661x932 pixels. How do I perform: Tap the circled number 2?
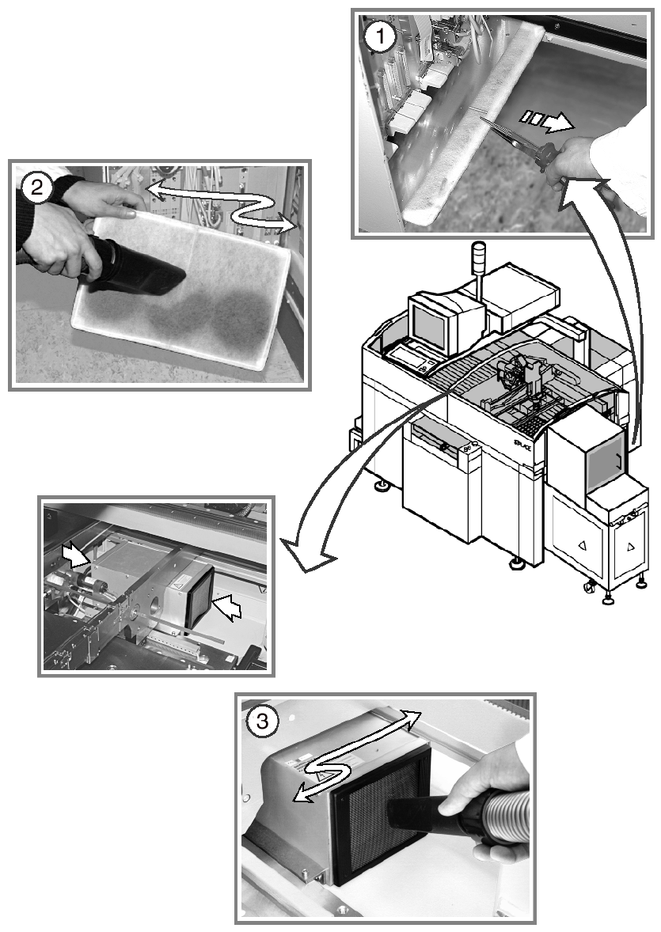(x=37, y=188)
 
